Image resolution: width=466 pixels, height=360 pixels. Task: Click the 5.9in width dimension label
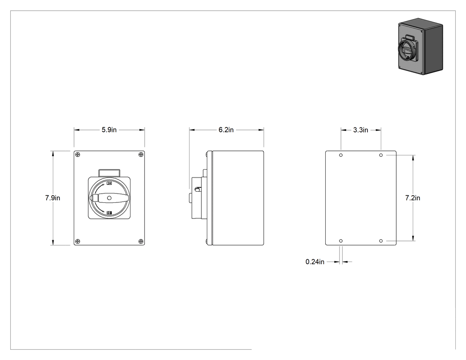tap(109, 130)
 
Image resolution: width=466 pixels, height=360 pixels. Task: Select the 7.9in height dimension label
tap(53, 198)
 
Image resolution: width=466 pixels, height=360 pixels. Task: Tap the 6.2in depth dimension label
tap(226, 130)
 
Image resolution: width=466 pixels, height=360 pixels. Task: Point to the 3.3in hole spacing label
tap(361, 130)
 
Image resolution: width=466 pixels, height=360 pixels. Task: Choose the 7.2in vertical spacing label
tap(413, 198)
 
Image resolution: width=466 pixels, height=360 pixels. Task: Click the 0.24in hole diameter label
tap(315, 262)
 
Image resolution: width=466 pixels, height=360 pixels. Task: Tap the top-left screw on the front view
tap(78, 155)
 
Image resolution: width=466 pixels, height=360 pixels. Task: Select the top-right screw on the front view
tap(141, 155)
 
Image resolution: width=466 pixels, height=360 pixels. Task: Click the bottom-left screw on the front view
tap(78, 241)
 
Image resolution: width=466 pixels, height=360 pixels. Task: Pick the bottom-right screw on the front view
tap(141, 241)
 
